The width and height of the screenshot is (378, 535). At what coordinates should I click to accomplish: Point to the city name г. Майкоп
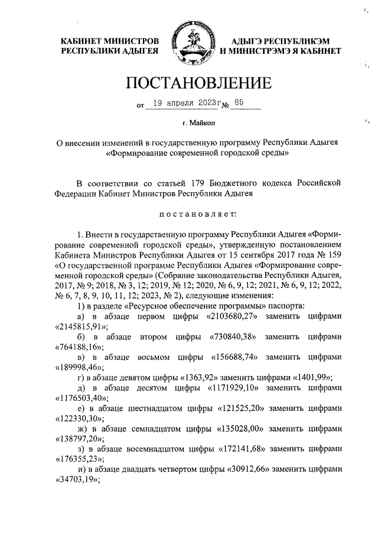point(198,122)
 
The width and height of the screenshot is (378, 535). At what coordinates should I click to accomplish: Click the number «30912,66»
point(250,470)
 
